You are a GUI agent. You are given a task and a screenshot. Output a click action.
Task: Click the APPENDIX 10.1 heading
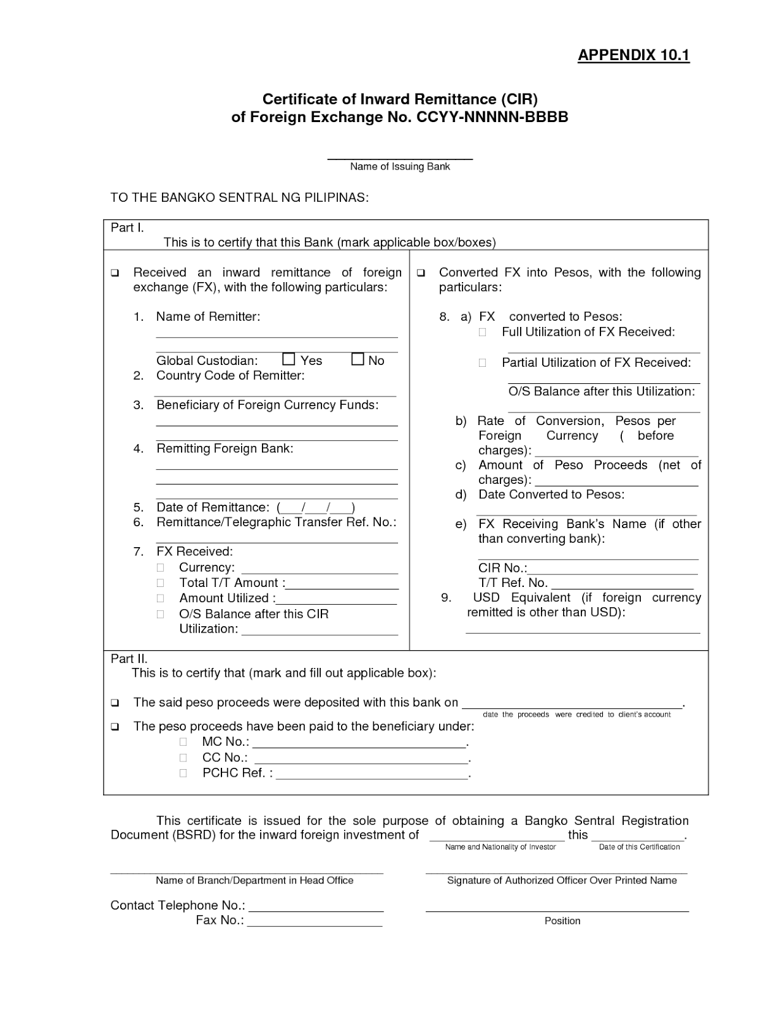tap(633, 55)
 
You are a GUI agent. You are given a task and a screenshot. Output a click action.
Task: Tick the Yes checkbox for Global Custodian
tap(289, 359)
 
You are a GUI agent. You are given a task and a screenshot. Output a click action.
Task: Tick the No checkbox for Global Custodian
tap(358, 359)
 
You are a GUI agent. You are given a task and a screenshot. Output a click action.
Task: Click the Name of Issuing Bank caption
tap(400, 166)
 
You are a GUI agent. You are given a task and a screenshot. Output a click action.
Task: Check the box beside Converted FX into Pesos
tap(421, 273)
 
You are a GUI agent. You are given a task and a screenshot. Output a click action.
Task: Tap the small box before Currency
tap(161, 567)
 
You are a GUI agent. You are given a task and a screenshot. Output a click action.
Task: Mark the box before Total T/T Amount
tap(161, 583)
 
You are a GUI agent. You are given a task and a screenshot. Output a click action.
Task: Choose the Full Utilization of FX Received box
tap(483, 332)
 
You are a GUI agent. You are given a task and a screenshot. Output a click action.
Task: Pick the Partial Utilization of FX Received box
tap(483, 362)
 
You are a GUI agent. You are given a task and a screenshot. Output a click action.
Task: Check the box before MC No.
tap(183, 742)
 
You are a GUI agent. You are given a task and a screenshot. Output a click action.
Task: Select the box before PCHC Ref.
tap(183, 773)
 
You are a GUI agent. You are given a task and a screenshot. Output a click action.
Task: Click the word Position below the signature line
tap(562, 921)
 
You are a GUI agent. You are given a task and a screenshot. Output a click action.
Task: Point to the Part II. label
tap(129, 658)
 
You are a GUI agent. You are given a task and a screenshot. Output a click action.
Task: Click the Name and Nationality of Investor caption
tap(500, 847)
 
